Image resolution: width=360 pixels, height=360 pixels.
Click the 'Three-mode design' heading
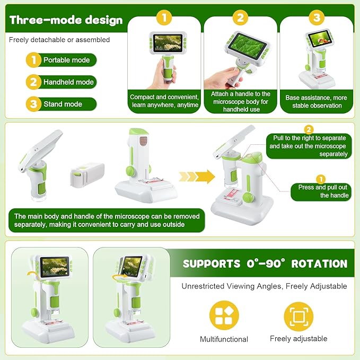coord(66,20)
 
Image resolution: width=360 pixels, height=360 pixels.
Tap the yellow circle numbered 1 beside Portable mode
coord(33,60)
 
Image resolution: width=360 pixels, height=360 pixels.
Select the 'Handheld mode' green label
coord(68,82)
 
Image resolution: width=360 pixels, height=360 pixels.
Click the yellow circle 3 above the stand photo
coord(317,17)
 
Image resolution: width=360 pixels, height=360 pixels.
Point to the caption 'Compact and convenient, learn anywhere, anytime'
coord(164,101)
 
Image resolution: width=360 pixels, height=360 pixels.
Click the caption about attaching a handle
coord(240,101)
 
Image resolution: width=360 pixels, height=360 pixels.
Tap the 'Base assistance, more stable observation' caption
coord(316,101)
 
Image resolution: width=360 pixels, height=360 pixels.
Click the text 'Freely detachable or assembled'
coord(59,40)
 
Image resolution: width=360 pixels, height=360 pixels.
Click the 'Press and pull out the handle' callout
coord(321,191)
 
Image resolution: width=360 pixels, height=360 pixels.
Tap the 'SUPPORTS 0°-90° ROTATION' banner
coord(265,264)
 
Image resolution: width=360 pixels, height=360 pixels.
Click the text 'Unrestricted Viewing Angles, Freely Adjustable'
coord(264,286)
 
